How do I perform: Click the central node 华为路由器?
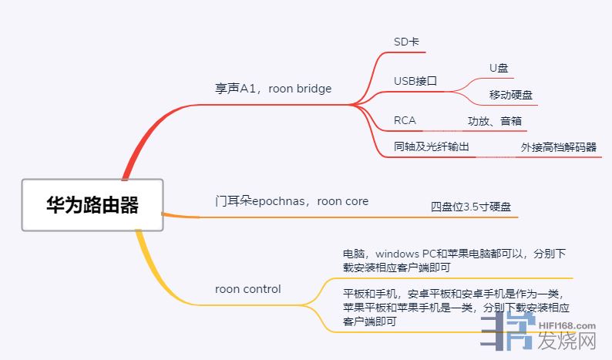coord(92,205)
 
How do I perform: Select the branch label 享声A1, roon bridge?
coord(273,89)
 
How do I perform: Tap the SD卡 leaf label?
coord(406,42)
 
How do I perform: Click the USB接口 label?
coord(415,81)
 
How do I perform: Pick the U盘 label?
coord(499,69)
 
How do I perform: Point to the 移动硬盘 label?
coord(511,95)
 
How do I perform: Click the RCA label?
coord(405,120)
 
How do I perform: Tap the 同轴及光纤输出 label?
coord(432,146)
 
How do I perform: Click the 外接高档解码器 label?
coord(558,147)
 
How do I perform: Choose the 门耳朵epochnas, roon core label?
coord(291,201)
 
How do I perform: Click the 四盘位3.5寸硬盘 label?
coord(470,207)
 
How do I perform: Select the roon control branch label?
coord(247,289)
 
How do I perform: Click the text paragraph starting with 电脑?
coord(455,260)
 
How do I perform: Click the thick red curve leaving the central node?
coord(143,139)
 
